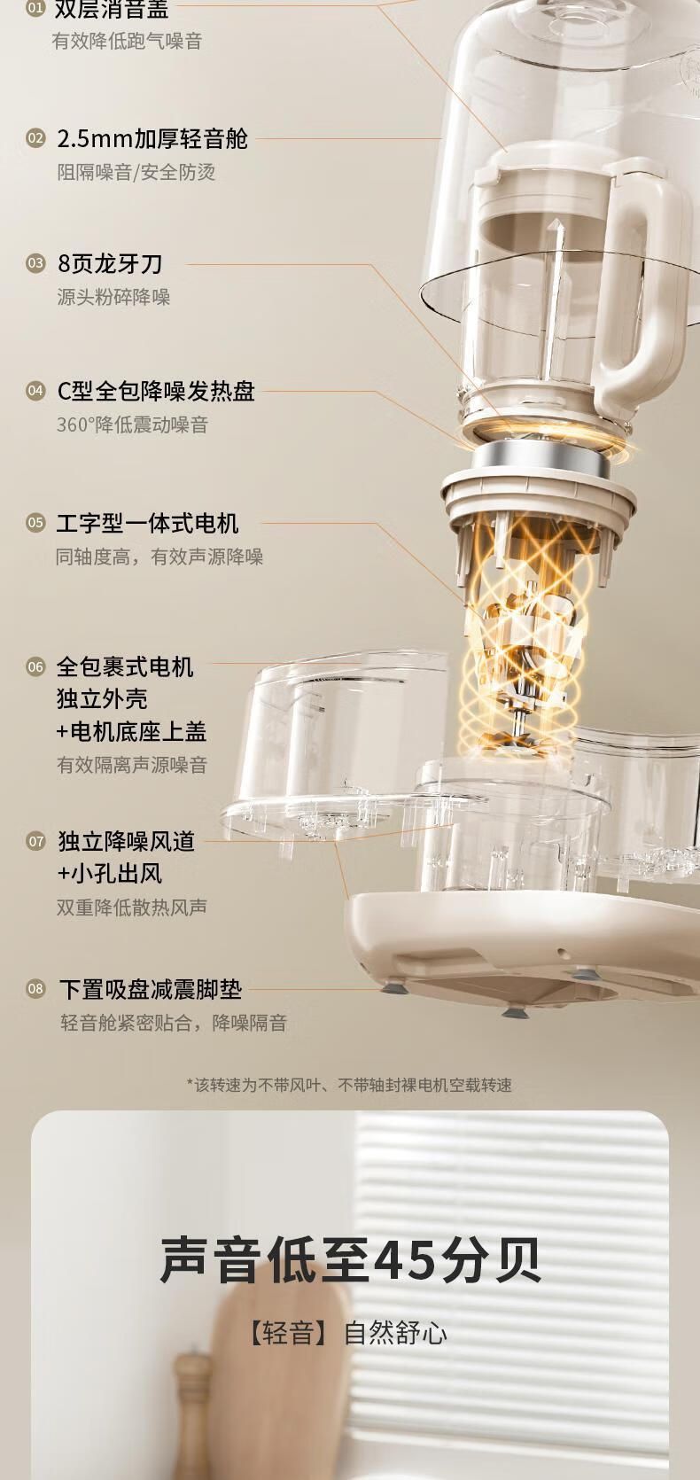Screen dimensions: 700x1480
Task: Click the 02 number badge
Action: [x=35, y=139]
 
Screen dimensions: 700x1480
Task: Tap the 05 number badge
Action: [x=35, y=523]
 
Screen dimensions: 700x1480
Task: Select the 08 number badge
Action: [x=35, y=989]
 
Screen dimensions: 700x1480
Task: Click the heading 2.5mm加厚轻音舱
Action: [x=152, y=139]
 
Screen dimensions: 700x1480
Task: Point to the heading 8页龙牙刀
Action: [x=110, y=263]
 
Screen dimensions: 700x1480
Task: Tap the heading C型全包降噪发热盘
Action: [x=156, y=391]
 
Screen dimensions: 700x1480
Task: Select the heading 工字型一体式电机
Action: [x=147, y=523]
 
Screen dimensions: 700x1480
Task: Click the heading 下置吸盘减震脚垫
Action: [x=151, y=989]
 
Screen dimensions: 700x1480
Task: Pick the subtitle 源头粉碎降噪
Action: [x=113, y=297]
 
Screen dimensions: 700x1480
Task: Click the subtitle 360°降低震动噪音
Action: [x=133, y=425]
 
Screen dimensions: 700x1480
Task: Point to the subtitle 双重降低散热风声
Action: [x=132, y=907]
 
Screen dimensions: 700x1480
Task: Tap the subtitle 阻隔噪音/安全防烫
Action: [x=136, y=173]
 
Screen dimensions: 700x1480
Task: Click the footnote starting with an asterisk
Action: [x=349, y=1085]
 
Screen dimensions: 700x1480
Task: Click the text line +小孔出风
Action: [x=110, y=874]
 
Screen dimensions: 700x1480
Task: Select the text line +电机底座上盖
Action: [x=131, y=731]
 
